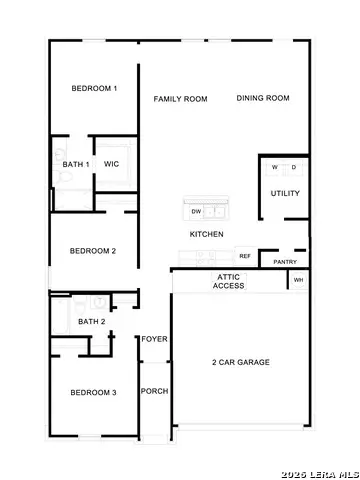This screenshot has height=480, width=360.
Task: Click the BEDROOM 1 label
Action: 94,89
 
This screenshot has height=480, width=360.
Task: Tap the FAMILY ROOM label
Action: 180,99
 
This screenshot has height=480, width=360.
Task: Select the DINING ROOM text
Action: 263,98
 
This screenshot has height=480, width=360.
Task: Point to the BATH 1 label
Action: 76,164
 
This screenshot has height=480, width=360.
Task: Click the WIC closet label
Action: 112,164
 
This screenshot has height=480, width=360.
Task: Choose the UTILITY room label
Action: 285,193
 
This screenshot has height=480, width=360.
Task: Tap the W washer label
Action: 274,167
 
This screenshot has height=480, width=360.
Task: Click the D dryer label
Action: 294,167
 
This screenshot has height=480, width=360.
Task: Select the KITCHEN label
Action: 207,235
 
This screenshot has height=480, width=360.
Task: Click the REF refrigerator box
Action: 244,256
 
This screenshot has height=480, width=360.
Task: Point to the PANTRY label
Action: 283,262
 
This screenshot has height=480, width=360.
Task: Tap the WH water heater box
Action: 298,281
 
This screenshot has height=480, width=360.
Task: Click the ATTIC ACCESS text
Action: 228,281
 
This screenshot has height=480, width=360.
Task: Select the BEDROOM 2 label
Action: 94,250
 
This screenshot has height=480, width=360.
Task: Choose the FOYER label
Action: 153,339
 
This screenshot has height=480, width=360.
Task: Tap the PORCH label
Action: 153,391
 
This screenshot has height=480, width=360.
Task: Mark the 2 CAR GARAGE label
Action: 240,363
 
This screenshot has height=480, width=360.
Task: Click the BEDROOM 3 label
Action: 93,393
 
